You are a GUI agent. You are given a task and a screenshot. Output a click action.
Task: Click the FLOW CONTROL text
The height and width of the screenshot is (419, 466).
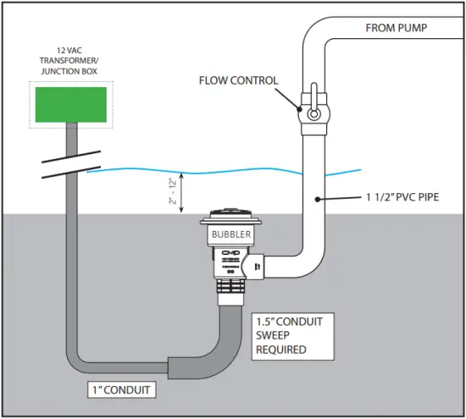(x=238, y=81)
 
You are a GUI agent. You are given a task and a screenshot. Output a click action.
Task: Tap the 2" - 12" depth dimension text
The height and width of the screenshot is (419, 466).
(x=175, y=191)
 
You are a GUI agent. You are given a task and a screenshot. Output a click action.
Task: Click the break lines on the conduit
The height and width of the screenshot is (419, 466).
(x=63, y=168)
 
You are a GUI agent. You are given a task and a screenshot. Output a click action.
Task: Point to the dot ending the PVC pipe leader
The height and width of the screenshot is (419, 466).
(x=317, y=200)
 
